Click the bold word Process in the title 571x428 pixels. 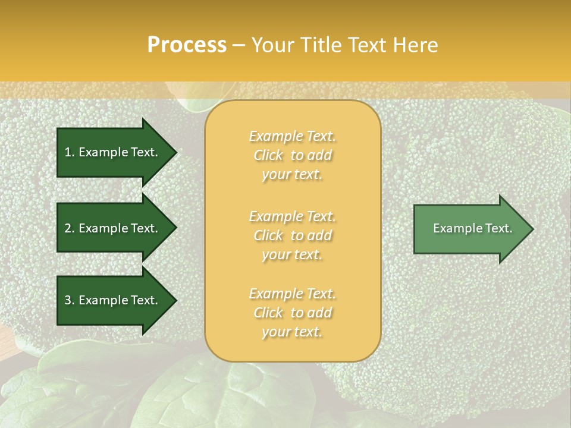click(187, 45)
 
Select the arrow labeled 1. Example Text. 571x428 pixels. click(113, 152)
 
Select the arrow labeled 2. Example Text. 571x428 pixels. click(113, 228)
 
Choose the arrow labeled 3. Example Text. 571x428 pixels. click(113, 300)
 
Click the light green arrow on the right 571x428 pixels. click(470, 229)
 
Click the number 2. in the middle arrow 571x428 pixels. click(70, 228)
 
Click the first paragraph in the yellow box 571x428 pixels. click(292, 155)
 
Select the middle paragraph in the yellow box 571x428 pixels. click(292, 235)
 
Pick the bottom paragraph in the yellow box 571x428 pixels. click(292, 313)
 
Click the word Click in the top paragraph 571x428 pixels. click(268, 155)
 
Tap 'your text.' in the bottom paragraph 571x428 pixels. click(292, 332)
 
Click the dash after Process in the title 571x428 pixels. click(239, 45)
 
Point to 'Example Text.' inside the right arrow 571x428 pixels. click(472, 228)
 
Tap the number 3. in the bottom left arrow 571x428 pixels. click(70, 300)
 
